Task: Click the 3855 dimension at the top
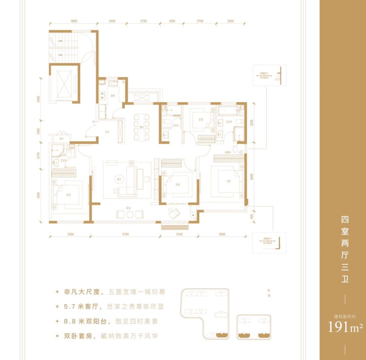[x=74, y=21]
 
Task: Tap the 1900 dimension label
[x=171, y=21]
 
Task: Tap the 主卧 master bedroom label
[x=229, y=181]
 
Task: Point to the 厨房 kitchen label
[x=113, y=95]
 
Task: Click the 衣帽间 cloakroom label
[x=227, y=152]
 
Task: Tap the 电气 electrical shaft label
[x=62, y=139]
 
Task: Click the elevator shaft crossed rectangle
[x=64, y=83]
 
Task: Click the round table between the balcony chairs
[x=130, y=214]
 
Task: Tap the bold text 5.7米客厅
[x=83, y=307]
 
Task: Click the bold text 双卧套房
[x=78, y=337]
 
